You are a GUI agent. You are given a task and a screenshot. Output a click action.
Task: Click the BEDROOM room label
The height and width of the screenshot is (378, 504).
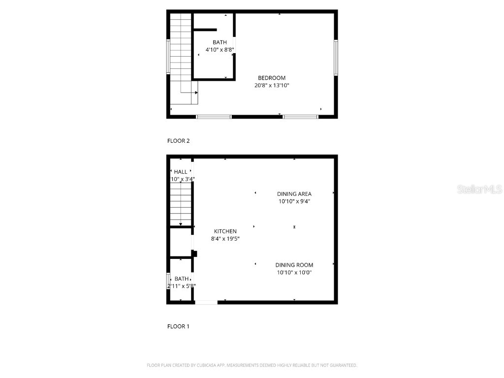(x=272, y=78)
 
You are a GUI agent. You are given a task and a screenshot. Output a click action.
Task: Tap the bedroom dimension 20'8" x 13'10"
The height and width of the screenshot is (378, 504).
(x=272, y=86)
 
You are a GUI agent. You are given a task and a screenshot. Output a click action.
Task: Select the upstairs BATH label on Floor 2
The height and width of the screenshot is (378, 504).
(x=220, y=42)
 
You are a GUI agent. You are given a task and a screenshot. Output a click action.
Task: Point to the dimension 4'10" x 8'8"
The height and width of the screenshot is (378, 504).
(x=220, y=50)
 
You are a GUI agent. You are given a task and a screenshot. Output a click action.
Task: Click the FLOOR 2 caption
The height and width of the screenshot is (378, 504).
(x=178, y=141)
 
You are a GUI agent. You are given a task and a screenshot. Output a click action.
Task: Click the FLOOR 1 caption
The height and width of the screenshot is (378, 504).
(x=178, y=326)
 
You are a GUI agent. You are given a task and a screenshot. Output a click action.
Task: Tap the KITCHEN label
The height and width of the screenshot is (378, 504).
(x=225, y=231)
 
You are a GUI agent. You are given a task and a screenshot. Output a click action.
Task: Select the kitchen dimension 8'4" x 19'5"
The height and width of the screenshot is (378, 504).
(x=225, y=239)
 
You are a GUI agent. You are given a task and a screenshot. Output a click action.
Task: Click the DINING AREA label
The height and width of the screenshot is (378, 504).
(x=294, y=194)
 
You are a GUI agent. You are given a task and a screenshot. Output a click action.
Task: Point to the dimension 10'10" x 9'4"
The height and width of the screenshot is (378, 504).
(x=294, y=201)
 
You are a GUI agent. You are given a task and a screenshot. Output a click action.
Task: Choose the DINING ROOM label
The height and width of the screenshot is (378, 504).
(x=294, y=265)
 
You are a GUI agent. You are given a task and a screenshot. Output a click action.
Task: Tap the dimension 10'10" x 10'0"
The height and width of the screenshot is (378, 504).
(x=294, y=273)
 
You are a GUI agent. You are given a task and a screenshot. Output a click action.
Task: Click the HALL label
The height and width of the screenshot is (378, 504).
(x=181, y=172)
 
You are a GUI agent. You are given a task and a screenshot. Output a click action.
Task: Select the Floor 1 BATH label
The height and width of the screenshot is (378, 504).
(x=181, y=279)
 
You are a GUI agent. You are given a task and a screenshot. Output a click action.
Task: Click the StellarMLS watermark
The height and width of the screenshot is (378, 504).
(x=479, y=189)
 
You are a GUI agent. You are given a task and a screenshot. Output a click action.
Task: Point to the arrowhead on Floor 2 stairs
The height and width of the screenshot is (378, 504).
(x=196, y=93)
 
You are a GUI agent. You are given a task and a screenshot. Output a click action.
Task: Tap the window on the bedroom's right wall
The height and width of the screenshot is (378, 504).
(x=336, y=58)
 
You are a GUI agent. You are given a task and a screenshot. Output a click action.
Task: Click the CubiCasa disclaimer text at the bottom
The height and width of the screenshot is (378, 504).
(x=252, y=365)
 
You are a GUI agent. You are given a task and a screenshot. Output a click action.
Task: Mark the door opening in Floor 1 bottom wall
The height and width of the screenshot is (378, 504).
(x=206, y=302)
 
